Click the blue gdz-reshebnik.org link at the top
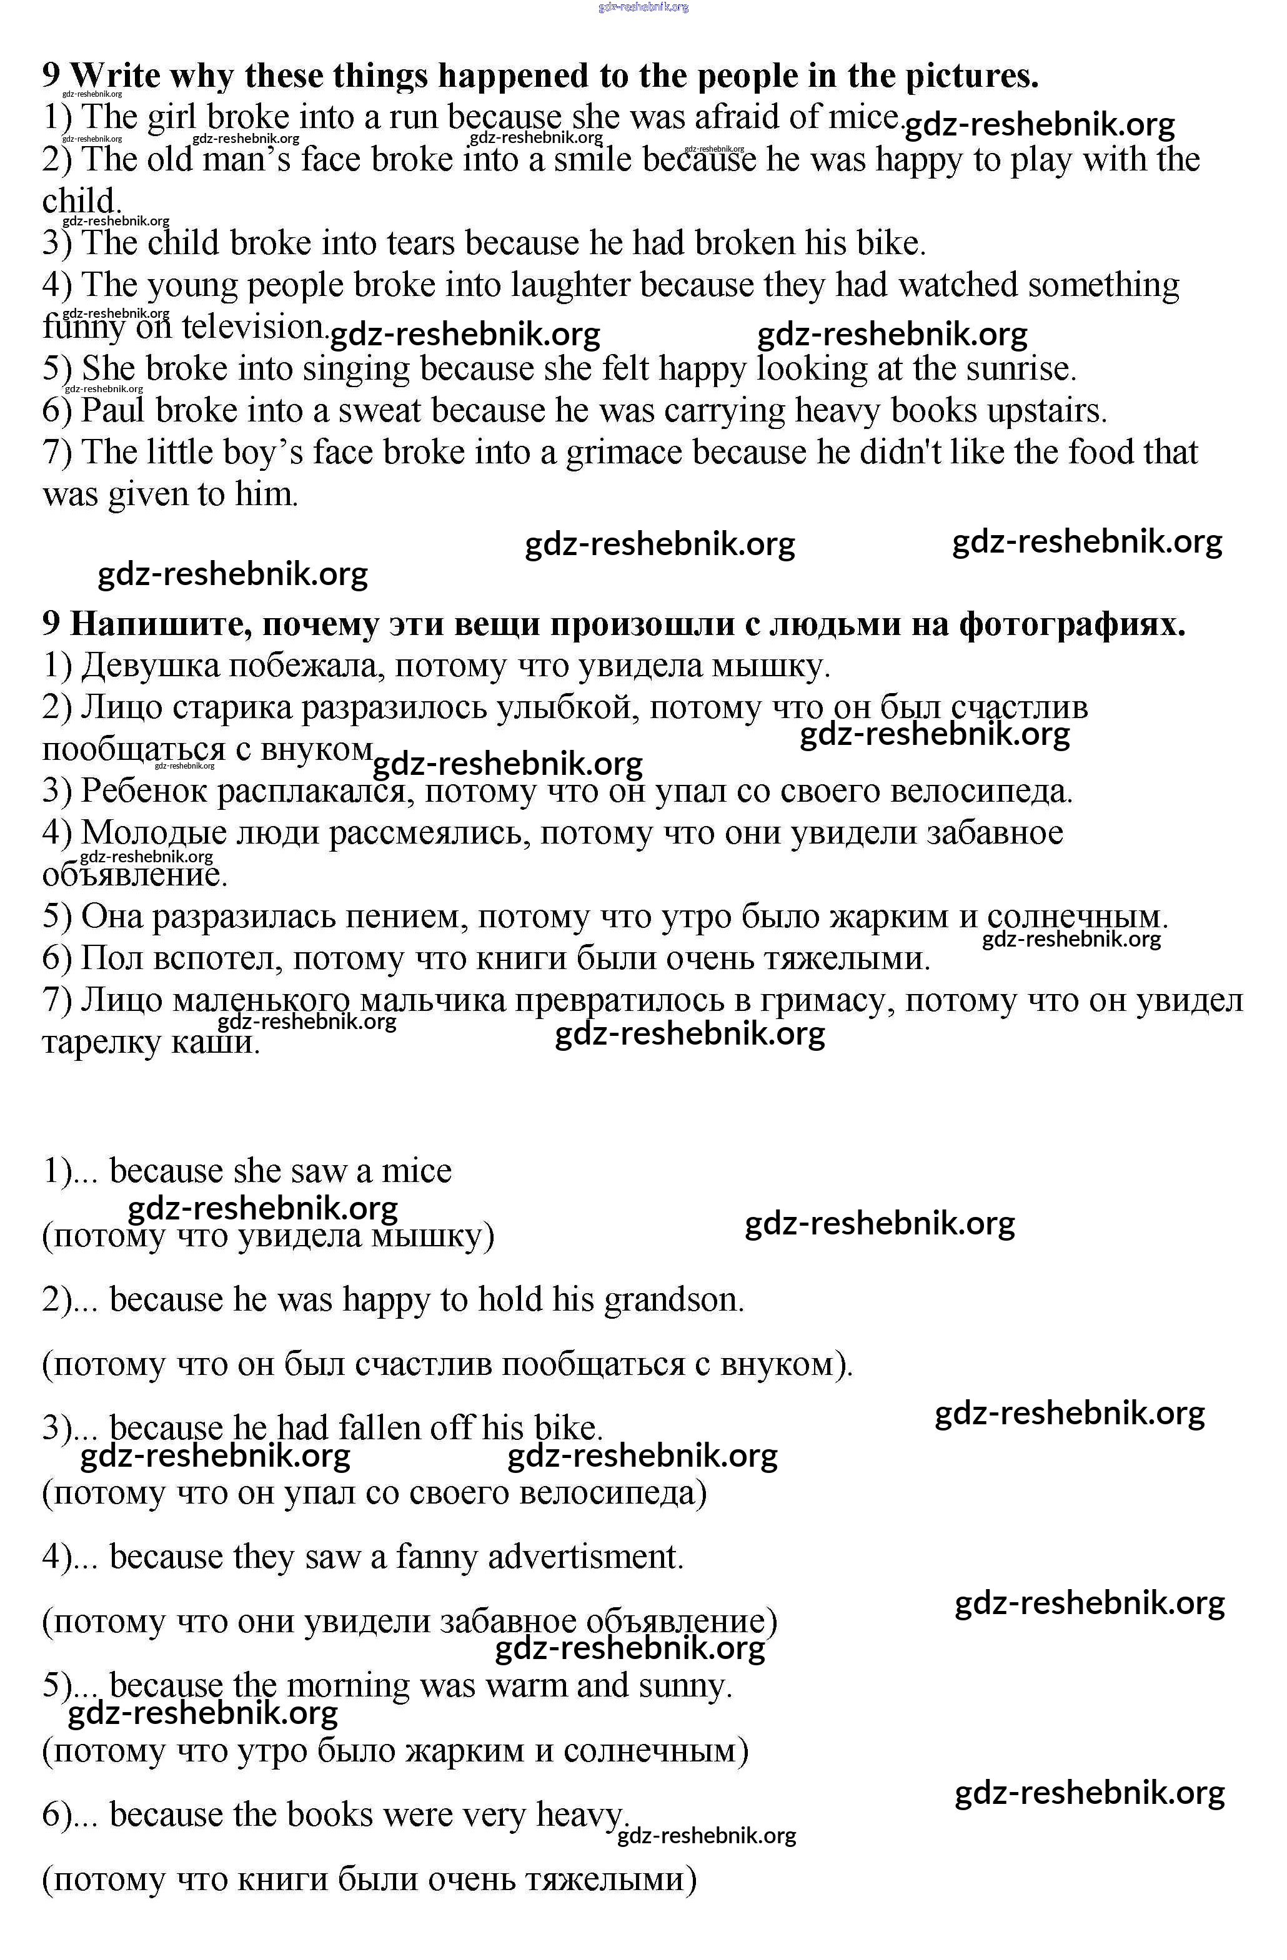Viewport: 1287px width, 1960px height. [x=643, y=7]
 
